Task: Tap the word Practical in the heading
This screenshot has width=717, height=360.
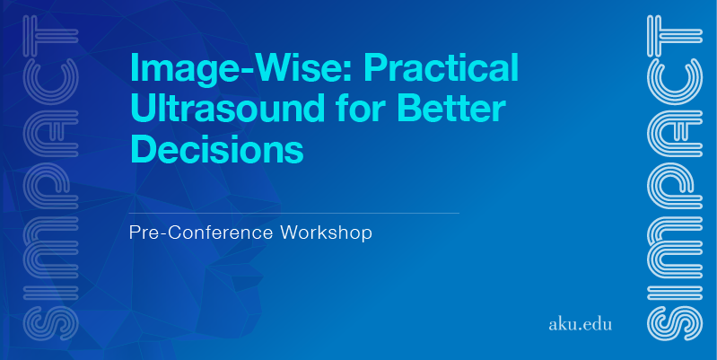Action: pyautogui.click(x=442, y=67)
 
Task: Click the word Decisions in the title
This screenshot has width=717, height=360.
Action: pyautogui.click(x=217, y=149)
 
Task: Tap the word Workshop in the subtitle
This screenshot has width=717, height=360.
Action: pyautogui.click(x=326, y=233)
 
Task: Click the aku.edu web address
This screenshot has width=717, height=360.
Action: pyautogui.click(x=580, y=324)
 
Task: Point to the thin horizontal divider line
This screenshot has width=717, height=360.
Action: pyautogui.click(x=294, y=213)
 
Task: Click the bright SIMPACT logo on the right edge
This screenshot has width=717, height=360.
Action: pyautogui.click(x=675, y=178)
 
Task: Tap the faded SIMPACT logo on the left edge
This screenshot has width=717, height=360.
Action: pyautogui.click(x=51, y=178)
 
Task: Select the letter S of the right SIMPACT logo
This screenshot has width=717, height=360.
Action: pyautogui.click(x=675, y=323)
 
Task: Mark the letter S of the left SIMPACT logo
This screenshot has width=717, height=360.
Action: pyautogui.click(x=51, y=323)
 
